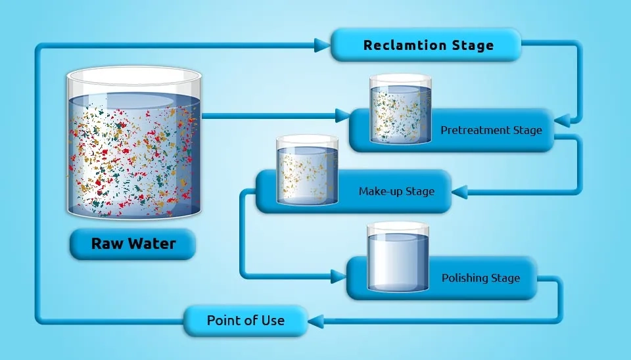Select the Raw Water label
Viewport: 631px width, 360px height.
133,244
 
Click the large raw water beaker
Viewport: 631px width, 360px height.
133,148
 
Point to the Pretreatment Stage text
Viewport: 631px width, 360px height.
491,130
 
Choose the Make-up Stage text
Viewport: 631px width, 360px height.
396,192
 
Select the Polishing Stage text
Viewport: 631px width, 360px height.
480,278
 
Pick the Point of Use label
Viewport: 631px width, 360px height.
246,321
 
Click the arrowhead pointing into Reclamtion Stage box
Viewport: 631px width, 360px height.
321,45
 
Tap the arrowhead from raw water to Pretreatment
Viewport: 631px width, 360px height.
342,116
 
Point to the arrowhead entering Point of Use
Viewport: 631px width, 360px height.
315,321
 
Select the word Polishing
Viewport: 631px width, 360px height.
465,278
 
